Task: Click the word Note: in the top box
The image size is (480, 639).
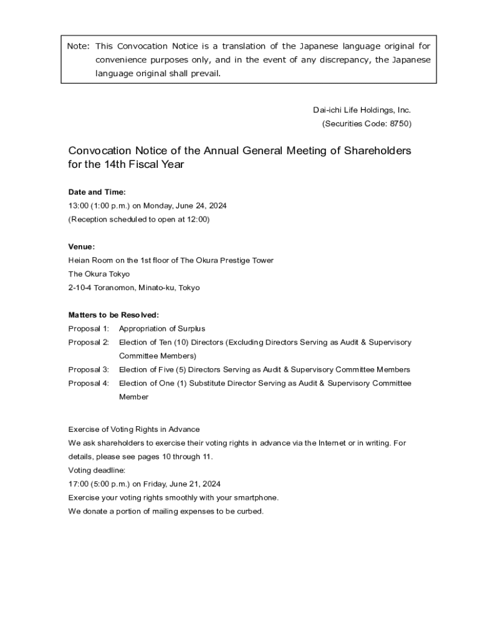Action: click(79, 46)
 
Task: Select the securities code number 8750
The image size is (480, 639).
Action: click(399, 124)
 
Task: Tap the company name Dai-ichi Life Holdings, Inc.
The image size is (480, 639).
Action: click(362, 110)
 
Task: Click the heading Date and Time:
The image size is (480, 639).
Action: click(97, 192)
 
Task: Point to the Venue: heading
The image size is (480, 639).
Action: click(82, 246)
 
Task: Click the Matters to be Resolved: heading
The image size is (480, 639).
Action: click(113, 315)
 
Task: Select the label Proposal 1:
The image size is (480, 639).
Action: click(89, 328)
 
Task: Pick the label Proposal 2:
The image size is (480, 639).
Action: click(89, 342)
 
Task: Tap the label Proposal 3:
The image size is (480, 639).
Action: click(89, 369)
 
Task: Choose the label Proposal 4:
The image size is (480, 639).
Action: click(89, 383)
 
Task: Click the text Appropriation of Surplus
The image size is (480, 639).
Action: click(162, 328)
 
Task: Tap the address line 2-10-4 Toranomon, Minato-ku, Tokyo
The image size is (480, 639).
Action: click(134, 288)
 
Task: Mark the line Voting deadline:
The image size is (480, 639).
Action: click(97, 470)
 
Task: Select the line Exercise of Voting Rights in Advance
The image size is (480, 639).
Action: click(134, 429)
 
